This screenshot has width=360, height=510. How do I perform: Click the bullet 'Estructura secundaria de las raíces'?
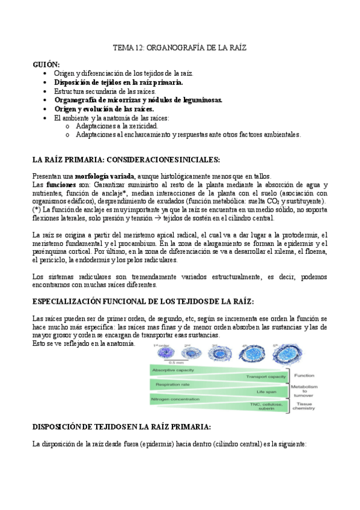[x=105, y=90]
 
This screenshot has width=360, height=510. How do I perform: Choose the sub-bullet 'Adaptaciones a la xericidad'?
[x=117, y=126]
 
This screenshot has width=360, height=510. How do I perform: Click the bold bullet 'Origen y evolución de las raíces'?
[x=104, y=109]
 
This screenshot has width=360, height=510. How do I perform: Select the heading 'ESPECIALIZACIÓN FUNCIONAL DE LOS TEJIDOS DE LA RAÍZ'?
[x=142, y=300]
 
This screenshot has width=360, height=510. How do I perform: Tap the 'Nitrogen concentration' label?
[x=177, y=399]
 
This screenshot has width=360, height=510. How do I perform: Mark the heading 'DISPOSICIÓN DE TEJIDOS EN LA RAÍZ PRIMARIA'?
[x=121, y=427]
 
